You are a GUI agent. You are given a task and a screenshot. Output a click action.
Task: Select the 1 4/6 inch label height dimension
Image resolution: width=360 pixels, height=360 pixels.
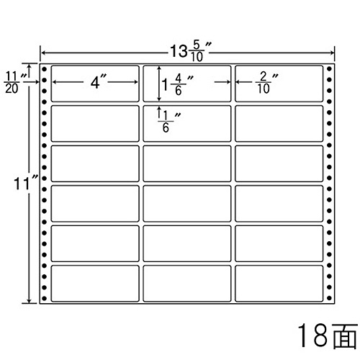click(178, 84)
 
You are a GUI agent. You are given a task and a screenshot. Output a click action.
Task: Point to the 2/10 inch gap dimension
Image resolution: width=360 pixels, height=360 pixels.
click(266, 83)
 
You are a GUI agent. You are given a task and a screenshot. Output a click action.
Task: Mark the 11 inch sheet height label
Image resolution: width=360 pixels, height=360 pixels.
click(26, 184)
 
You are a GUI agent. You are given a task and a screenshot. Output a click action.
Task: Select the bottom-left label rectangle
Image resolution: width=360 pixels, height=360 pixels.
click(95, 284)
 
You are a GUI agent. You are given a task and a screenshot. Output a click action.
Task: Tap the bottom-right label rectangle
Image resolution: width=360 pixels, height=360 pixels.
click(279, 284)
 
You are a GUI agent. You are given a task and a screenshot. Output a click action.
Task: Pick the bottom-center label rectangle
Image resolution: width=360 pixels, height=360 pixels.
click(187, 284)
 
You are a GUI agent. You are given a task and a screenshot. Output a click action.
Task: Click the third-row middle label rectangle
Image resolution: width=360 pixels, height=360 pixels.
click(187, 163)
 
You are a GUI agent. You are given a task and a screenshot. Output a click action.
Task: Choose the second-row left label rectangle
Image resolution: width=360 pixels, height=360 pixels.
click(95, 124)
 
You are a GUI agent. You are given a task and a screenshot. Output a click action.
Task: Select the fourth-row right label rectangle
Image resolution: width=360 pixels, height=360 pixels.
click(279, 204)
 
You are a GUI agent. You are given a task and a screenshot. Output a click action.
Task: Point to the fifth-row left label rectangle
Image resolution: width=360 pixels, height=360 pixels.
click(95, 243)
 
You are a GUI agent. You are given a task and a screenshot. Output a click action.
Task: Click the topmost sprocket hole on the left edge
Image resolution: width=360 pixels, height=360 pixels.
click(44, 69)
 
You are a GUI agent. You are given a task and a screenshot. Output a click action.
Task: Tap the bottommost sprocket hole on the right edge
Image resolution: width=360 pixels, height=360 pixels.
click(329, 298)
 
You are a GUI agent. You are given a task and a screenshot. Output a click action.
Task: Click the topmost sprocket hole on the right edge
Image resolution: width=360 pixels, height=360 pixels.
click(329, 69)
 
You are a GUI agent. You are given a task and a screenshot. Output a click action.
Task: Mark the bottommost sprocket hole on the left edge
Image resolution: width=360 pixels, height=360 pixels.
click(44, 298)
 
